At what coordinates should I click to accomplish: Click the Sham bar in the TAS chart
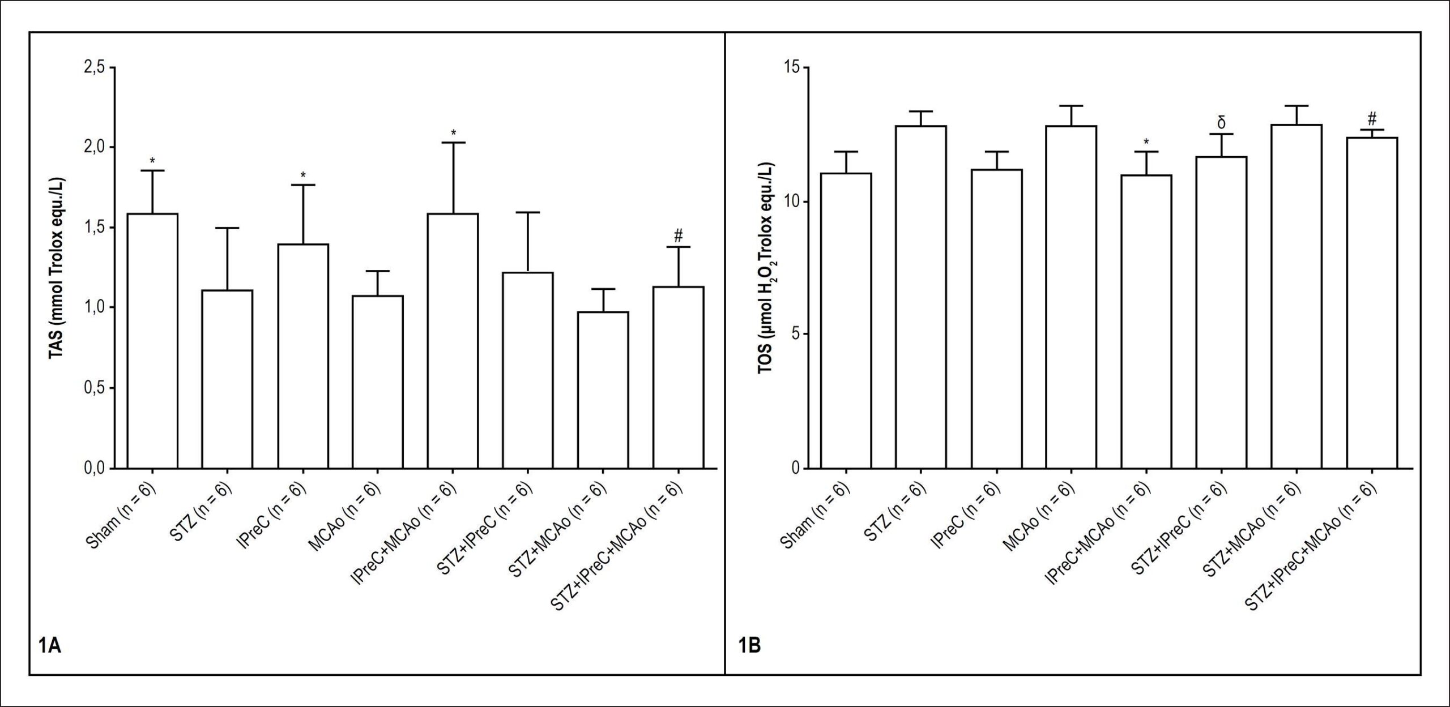click(x=152, y=341)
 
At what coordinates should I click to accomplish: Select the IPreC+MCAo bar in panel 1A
click(x=453, y=341)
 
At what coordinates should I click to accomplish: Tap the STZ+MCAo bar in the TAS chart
click(x=603, y=390)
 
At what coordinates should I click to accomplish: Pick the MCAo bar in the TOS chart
click(x=1071, y=297)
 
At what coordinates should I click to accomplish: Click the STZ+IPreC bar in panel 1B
click(x=1221, y=312)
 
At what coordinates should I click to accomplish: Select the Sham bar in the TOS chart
click(x=846, y=320)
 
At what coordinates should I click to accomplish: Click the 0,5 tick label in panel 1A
click(x=94, y=388)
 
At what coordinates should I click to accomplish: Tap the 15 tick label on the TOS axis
click(x=791, y=67)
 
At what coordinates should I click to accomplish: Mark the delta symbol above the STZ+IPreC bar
click(x=1221, y=123)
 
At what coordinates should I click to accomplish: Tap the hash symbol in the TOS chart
click(x=1371, y=118)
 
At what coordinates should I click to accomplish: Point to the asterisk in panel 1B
click(x=1146, y=142)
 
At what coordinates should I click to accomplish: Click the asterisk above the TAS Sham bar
click(x=152, y=161)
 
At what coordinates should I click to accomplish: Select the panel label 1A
click(x=49, y=645)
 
